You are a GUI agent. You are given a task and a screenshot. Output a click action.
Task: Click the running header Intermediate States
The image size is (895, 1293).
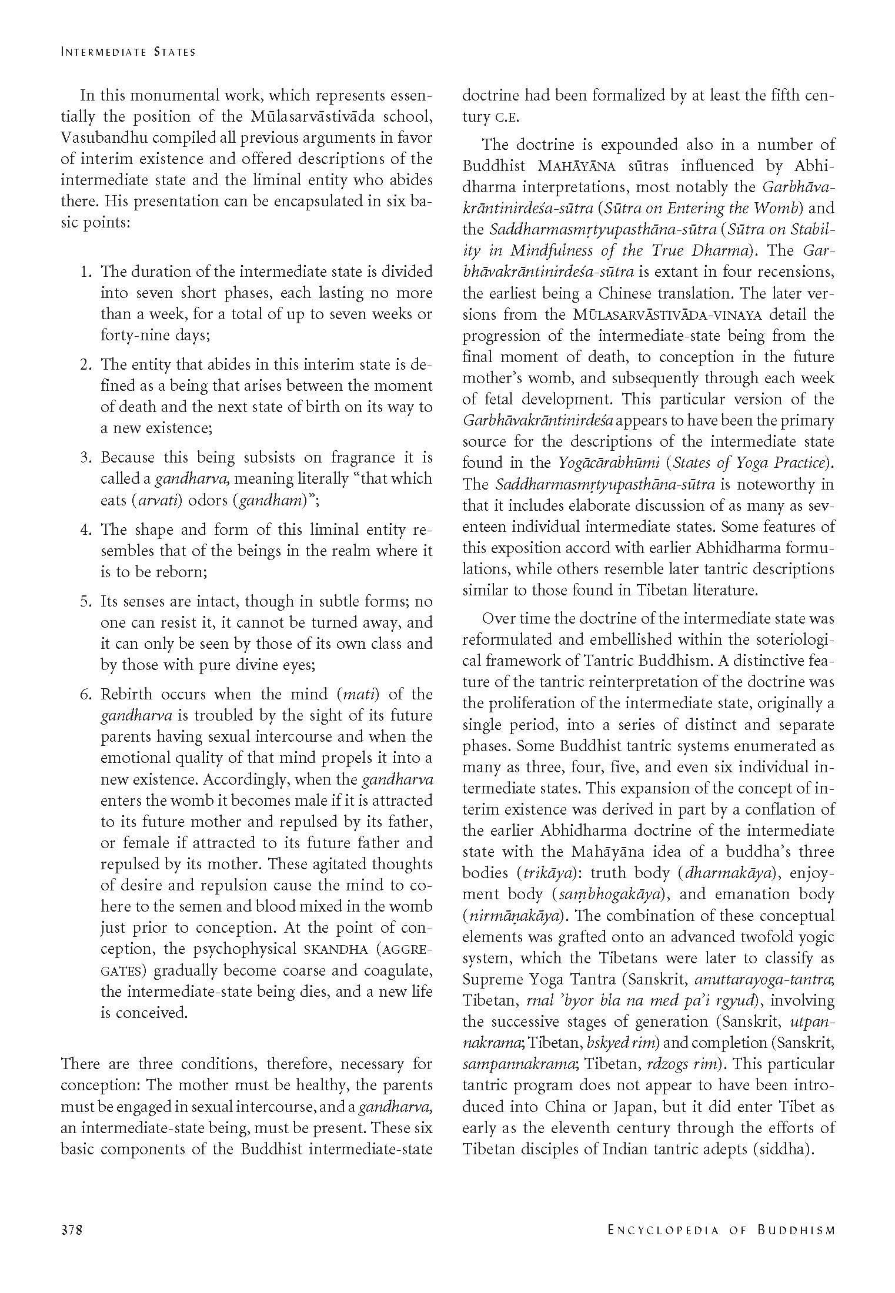(128, 52)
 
